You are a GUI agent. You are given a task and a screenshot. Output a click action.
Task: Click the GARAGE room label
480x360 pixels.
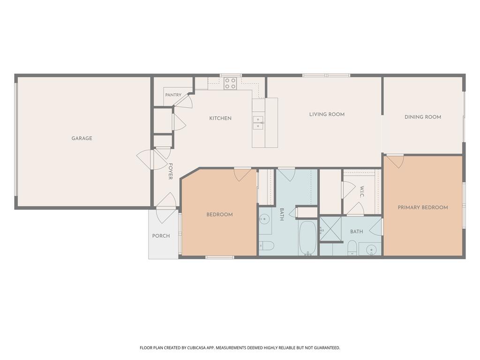(82, 138)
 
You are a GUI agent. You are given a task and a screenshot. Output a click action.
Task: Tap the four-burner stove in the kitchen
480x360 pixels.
(230, 83)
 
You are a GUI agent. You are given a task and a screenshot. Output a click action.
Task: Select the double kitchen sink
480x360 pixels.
(258, 122)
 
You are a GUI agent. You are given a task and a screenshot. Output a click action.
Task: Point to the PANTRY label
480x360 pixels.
(173, 95)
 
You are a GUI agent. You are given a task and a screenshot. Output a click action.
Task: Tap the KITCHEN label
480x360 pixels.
(220, 118)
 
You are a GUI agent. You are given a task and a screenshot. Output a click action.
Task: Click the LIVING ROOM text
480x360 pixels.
(327, 114)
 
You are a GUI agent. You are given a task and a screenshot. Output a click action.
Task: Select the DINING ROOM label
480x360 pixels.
(423, 117)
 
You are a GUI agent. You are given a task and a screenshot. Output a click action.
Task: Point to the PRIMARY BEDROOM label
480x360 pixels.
(423, 208)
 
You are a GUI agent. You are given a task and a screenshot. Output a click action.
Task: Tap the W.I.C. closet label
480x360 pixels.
(362, 192)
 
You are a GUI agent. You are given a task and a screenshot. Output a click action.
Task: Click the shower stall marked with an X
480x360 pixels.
(330, 229)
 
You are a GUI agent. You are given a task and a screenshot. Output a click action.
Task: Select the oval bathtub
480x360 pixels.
(307, 238)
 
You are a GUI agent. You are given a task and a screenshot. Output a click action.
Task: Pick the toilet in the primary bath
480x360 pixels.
(352, 248)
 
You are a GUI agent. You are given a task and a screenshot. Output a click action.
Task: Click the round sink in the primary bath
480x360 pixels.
(371, 250)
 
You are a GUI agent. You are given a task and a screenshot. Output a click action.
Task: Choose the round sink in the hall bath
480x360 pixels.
(263, 219)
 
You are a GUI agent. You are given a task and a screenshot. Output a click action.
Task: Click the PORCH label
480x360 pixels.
(161, 236)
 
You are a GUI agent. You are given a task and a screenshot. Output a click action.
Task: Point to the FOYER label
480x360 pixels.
(171, 171)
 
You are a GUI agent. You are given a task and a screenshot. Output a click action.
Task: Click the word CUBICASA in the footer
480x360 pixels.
(198, 348)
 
